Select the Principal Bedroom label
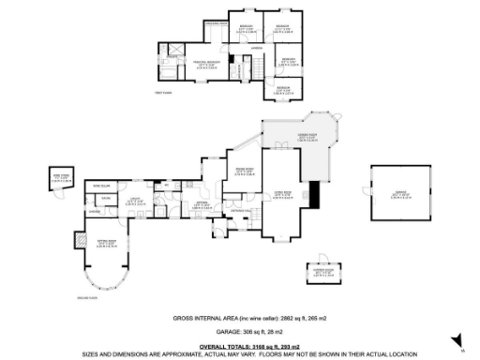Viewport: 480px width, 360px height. pos(207,64)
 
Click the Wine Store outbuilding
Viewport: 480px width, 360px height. pos(60,180)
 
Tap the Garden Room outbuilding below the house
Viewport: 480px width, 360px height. pos(323,274)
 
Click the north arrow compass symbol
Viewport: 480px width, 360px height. pos(457,341)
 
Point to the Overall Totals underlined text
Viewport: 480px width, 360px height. pos(239,346)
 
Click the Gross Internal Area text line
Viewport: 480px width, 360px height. pos(239,319)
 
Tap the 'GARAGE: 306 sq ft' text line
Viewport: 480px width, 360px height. pos(239,333)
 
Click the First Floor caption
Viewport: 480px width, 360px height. pos(166,92)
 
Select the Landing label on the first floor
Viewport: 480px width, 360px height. pos(256,46)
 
